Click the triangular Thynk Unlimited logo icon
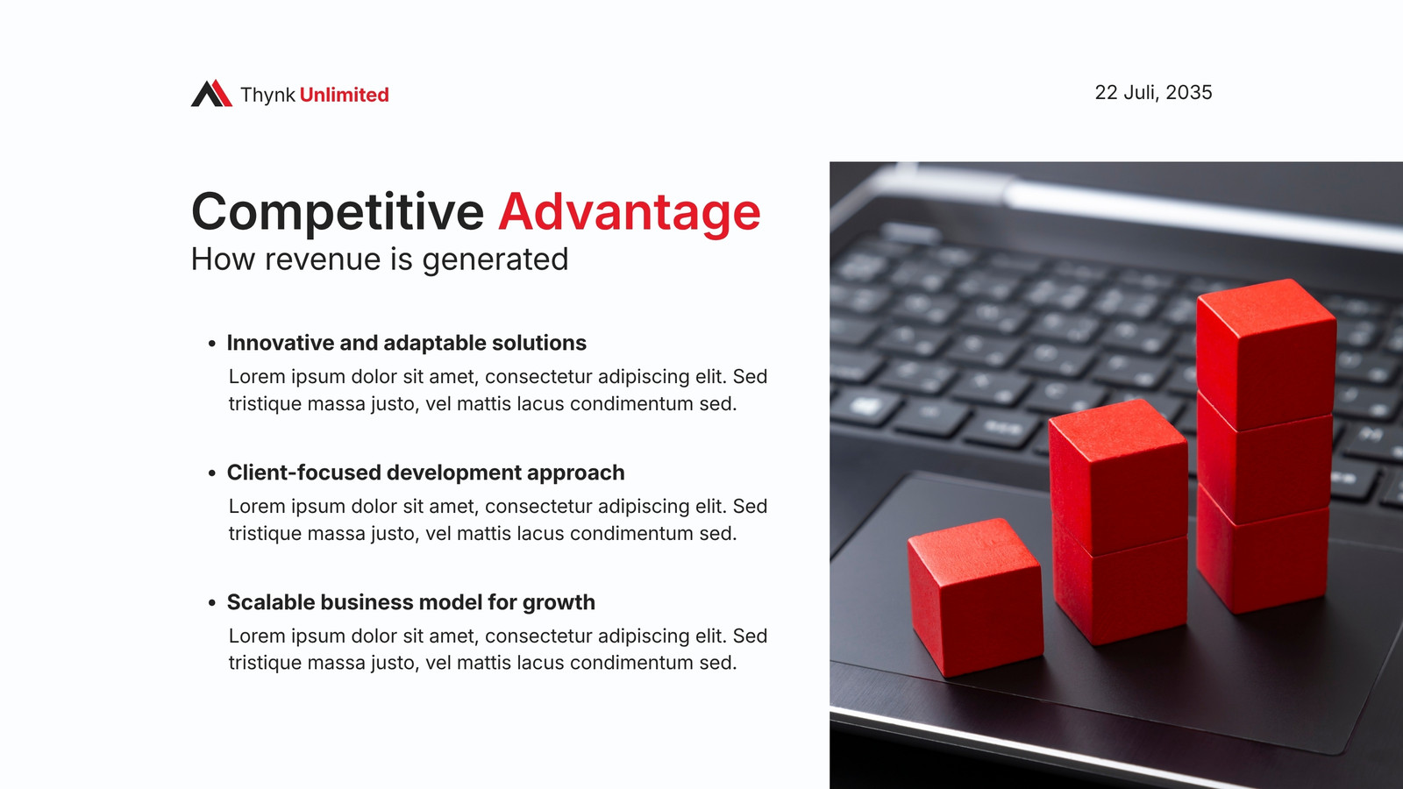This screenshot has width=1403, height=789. (x=211, y=93)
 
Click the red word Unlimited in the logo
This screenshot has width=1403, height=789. (x=344, y=95)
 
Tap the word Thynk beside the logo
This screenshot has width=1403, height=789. (x=267, y=96)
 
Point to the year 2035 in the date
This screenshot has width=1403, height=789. (x=1189, y=93)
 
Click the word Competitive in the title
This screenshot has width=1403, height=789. (x=338, y=212)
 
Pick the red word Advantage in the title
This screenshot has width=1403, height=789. (x=630, y=212)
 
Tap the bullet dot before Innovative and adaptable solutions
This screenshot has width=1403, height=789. (x=211, y=343)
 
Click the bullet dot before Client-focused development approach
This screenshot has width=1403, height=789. (x=211, y=473)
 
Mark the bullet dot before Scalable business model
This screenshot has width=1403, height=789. (x=211, y=603)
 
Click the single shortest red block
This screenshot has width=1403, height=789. (x=974, y=597)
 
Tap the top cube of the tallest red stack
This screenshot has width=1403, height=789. (x=1266, y=354)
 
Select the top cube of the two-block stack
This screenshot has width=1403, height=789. (x=1118, y=476)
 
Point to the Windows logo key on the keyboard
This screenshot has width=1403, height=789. (x=865, y=406)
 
